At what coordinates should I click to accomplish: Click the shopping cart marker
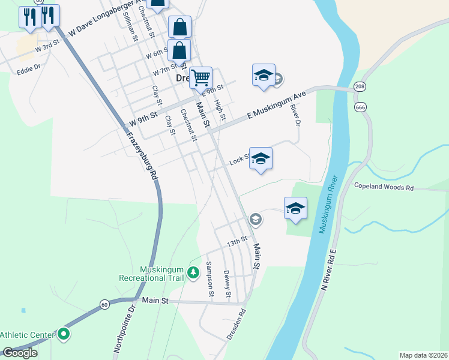201,77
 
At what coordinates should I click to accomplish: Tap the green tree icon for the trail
193,273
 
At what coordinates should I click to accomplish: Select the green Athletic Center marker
64,334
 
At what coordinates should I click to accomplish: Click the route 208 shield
360,87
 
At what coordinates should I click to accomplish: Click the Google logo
20,353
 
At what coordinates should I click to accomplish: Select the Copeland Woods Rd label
384,188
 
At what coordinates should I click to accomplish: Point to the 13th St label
237,242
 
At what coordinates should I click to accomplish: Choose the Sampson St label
209,279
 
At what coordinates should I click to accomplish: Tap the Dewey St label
227,283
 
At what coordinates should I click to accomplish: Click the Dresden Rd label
237,325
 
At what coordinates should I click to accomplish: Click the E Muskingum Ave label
277,106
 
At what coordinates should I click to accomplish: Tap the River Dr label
294,115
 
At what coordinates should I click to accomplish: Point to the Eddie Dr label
28,68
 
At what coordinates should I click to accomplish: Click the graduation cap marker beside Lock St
261,159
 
